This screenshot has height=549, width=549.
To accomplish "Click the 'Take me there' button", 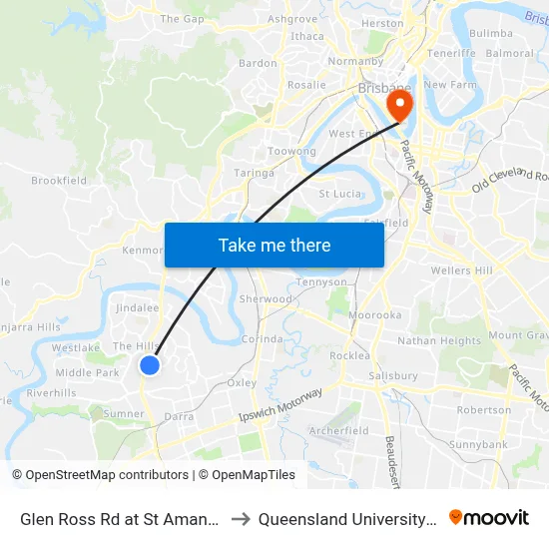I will pos(274,245).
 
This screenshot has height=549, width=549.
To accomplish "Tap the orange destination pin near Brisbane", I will pos(401,104).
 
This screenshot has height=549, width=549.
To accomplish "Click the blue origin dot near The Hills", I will pos(150,365).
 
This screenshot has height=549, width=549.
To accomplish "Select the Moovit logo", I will pos(489,518).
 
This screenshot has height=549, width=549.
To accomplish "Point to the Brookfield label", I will pos(59,181).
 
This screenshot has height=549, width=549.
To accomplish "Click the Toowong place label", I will pos(292,152).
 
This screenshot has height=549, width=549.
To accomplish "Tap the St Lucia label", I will pos(337,194).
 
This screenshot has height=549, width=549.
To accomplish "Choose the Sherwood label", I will pos(266,299).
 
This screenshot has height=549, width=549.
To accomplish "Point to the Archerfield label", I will pos(339,431).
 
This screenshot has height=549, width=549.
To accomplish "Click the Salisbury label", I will pos(393,376).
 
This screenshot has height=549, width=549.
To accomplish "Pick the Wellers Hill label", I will pos(462,271).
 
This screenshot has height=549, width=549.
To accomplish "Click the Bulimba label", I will pos(491,33).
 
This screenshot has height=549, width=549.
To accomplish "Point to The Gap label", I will pos(182,19).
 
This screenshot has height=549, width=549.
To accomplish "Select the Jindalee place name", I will pos(138,309).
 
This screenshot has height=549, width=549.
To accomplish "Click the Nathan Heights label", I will pos(439,341).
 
